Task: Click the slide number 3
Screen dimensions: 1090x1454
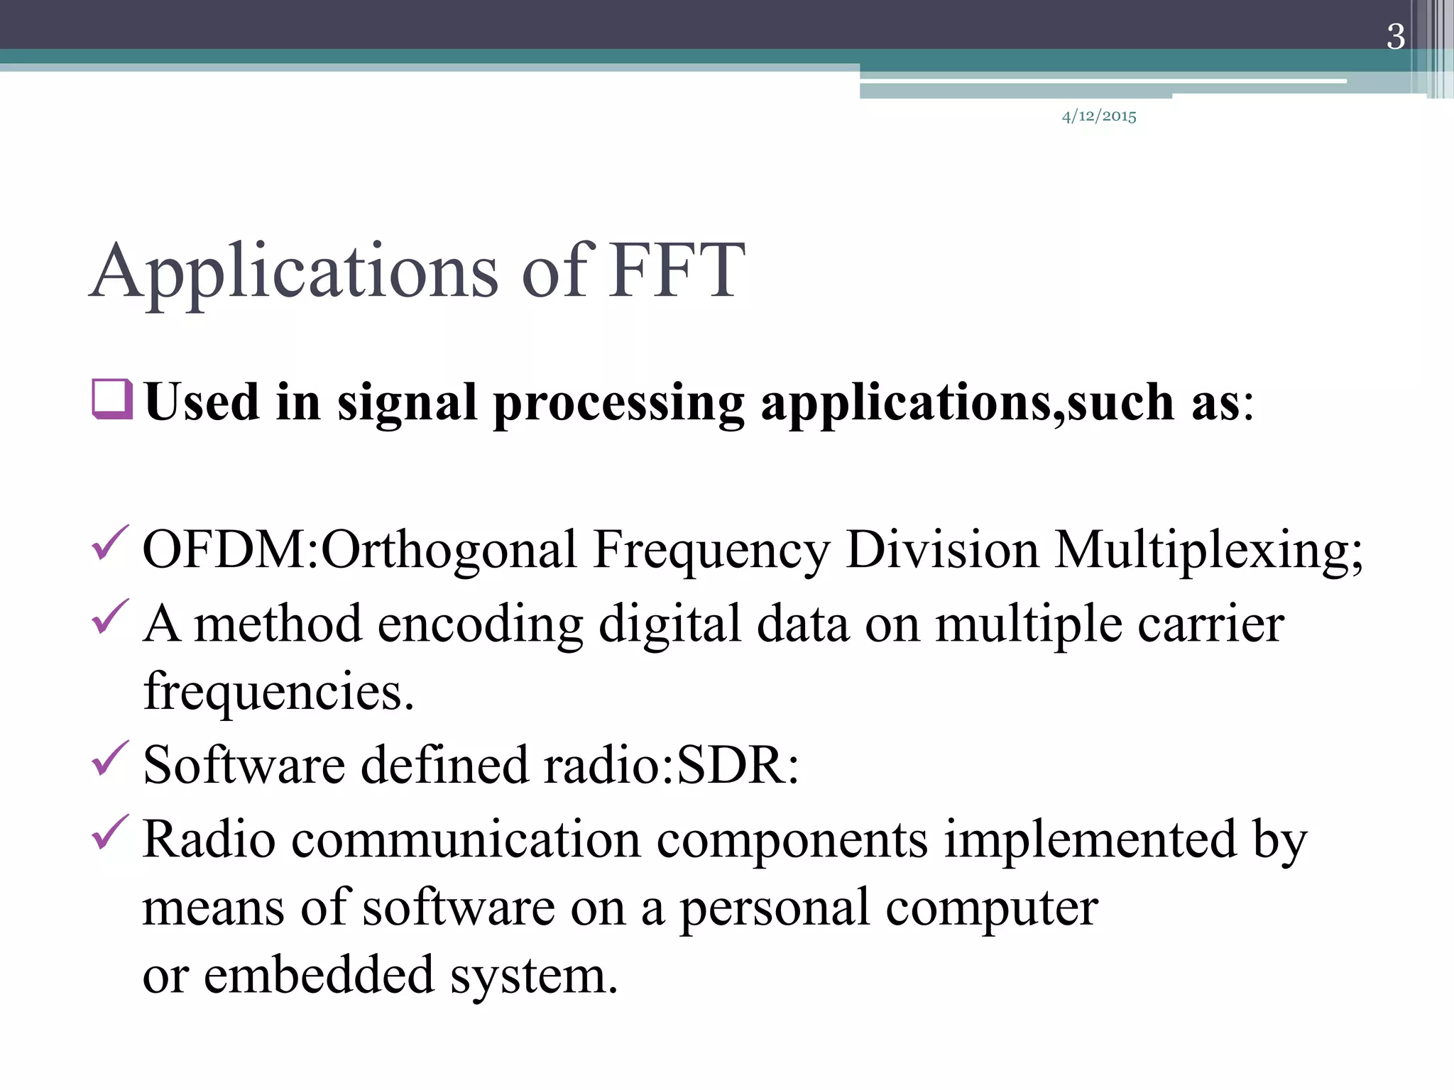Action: click(1395, 37)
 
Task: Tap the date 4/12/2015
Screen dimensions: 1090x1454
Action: click(1099, 116)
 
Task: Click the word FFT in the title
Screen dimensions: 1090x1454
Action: click(677, 271)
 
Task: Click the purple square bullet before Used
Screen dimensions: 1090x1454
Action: click(112, 400)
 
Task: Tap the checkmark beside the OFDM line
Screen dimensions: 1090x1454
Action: click(110, 543)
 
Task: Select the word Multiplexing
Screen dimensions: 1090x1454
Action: click(1208, 550)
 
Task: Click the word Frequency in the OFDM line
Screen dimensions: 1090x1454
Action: click(711, 550)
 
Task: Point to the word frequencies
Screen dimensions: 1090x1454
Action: click(278, 692)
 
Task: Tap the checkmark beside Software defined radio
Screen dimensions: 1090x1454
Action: click(110, 758)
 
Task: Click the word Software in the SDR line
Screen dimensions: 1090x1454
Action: click(244, 766)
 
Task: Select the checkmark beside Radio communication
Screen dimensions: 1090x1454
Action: click(110, 832)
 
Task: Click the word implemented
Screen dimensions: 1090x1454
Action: click(1090, 839)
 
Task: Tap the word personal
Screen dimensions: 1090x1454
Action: click(775, 908)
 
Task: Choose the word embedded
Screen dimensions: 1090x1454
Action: click(319, 976)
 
